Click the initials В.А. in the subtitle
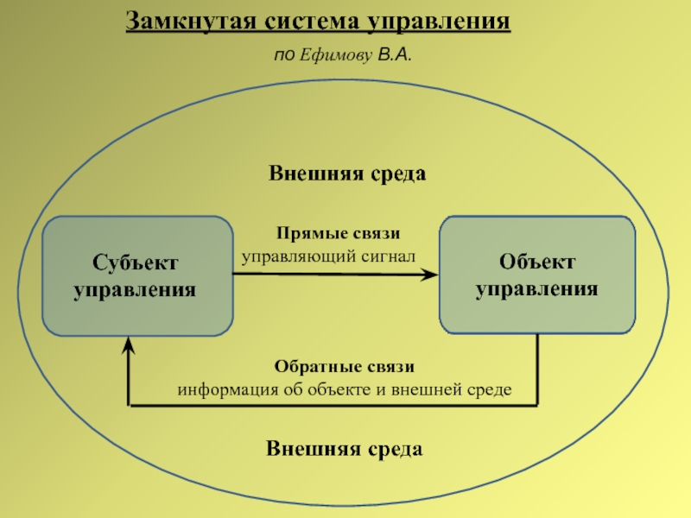(x=395, y=56)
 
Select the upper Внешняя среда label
(x=347, y=174)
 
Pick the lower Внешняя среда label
(x=344, y=449)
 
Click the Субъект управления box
(x=137, y=276)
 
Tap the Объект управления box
(x=537, y=275)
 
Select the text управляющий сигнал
(x=328, y=256)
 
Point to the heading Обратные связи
(x=345, y=367)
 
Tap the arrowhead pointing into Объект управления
(x=429, y=275)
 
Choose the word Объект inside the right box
(x=537, y=262)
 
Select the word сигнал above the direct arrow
(x=390, y=256)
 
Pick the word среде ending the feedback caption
(x=490, y=389)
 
